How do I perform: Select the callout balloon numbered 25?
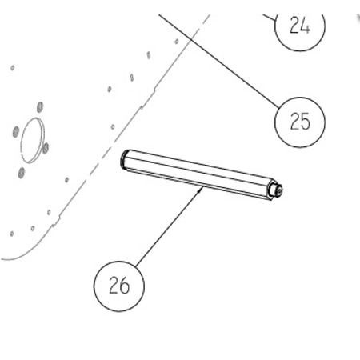tap(300, 122)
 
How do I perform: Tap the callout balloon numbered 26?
tap(119, 286)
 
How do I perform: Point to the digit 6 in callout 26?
tap(125, 286)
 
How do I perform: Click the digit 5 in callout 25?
tap(306, 122)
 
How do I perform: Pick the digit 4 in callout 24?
tap(306, 25)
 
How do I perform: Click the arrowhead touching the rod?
tap(201, 189)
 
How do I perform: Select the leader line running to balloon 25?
tap(219, 61)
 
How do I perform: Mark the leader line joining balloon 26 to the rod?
tap(170, 226)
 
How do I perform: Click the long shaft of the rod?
tap(198, 174)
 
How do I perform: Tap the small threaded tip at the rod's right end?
tap(277, 190)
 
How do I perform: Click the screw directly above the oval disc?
tap(40, 107)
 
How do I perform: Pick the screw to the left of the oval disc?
tap(16, 131)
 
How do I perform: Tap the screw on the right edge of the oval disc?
tap(46, 148)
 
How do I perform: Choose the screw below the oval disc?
tap(22, 173)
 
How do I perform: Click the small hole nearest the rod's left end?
tap(113, 126)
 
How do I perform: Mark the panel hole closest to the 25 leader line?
tap(177, 42)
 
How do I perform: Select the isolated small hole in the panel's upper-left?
tap(13, 68)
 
